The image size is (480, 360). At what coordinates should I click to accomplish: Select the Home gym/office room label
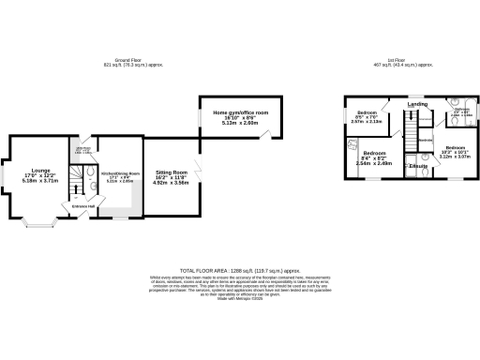pos(240,113)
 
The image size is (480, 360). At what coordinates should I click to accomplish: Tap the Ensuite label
pos(418,166)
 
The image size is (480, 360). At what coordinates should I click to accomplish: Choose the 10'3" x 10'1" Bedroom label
pos(455,149)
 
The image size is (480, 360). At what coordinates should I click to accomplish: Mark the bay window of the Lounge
pos(38,220)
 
